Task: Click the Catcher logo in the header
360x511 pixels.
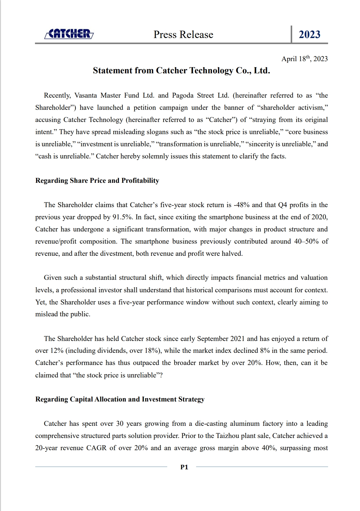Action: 69,34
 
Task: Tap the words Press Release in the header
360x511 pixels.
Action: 183,34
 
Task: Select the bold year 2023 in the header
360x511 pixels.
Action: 309,34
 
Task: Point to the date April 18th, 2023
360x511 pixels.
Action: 304,59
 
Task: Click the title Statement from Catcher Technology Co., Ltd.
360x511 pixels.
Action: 182,71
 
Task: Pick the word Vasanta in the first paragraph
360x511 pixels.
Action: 86,96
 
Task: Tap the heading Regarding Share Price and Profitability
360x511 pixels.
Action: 97,181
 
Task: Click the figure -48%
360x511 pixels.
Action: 241,205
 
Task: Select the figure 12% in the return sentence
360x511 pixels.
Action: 57,351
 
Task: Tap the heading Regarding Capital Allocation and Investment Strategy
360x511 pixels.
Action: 120,399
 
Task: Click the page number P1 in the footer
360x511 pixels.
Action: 184,467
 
